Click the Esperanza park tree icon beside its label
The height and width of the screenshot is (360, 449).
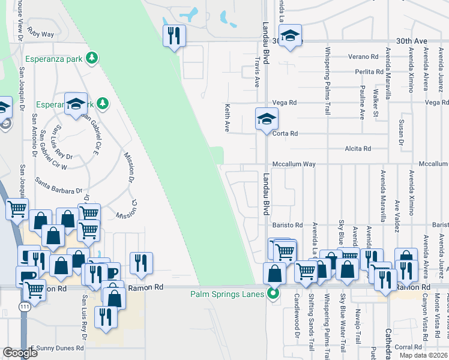[92, 58]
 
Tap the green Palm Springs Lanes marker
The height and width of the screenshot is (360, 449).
[273, 294]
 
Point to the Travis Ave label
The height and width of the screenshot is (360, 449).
[257, 71]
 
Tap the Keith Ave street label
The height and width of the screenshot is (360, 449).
[228, 118]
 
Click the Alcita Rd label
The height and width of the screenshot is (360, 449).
[358, 149]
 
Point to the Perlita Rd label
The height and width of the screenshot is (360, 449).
[369, 71]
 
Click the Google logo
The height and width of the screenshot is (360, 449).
[20, 353]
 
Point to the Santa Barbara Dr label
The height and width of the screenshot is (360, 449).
[58, 185]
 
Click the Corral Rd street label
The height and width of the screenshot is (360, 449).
[408, 347]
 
